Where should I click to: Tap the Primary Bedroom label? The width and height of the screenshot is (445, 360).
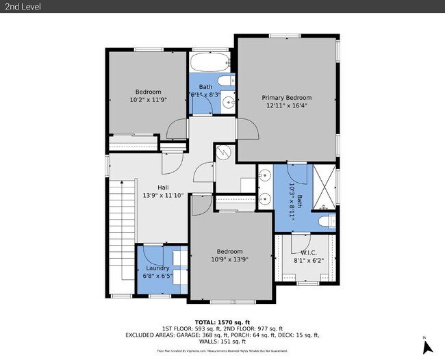coord(289,97)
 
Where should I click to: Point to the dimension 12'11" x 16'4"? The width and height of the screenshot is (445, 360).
coord(289,106)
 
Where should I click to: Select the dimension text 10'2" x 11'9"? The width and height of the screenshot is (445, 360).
coord(148,100)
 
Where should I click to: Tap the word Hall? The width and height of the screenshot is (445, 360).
coord(163,187)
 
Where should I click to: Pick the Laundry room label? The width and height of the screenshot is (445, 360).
coord(157,268)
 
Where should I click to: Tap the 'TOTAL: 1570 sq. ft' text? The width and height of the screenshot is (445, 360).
coord(222,322)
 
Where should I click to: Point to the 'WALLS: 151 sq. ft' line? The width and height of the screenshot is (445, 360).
coord(222,342)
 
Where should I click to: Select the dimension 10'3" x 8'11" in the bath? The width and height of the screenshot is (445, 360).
coord(291,201)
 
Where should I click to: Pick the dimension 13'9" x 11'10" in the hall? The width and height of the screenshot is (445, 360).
coord(163,196)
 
